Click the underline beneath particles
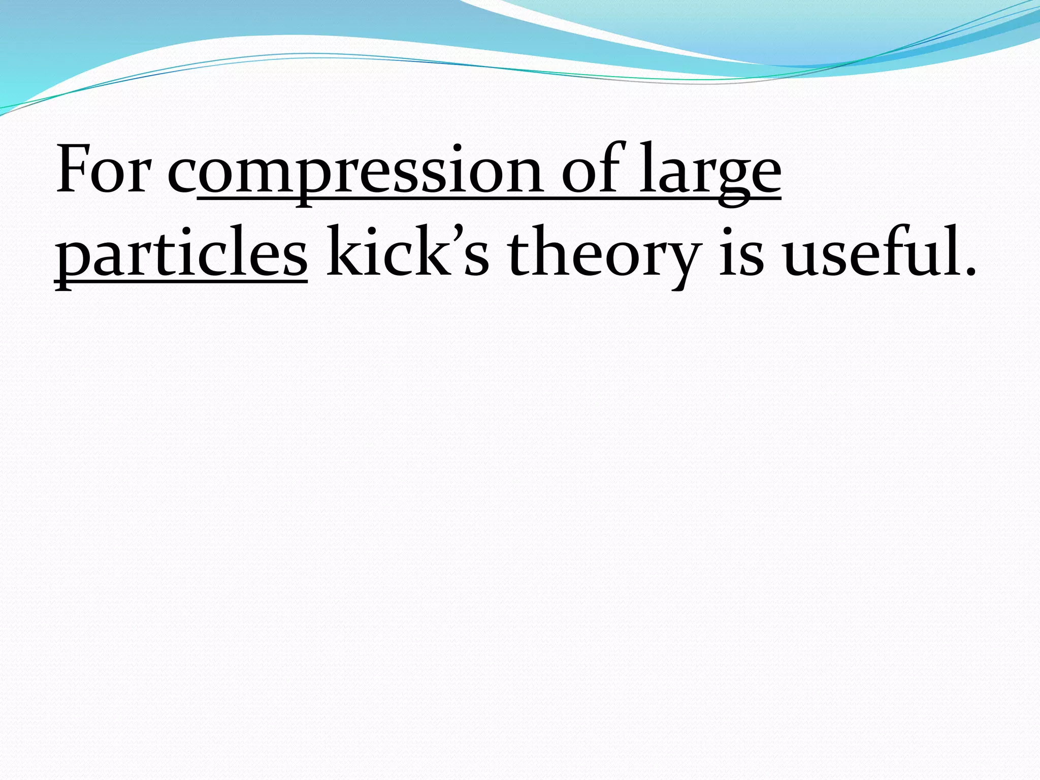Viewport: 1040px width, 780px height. click(181, 281)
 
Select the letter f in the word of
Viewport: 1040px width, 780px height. click(609, 168)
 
